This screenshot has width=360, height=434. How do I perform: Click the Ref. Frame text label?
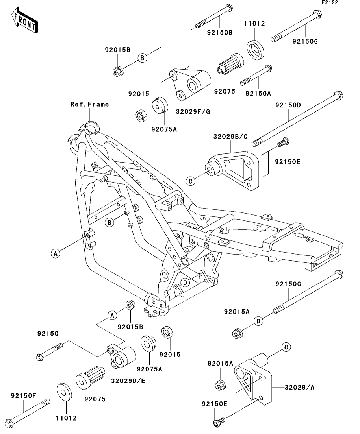point(89,104)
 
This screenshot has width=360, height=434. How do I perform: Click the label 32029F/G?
point(195,111)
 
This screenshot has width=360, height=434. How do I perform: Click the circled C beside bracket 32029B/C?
point(190,181)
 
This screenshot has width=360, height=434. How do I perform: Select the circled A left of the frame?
point(56,253)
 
